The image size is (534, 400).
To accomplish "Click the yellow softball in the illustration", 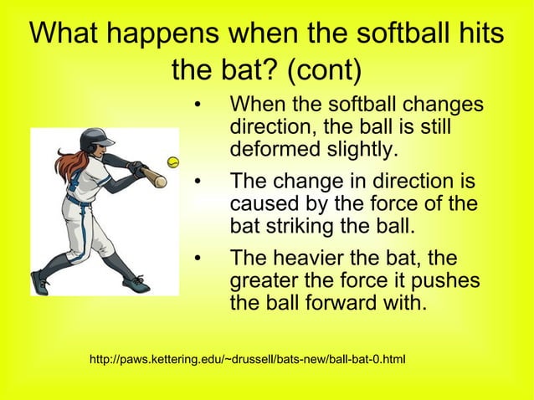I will click(x=173, y=162).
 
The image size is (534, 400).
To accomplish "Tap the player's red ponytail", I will click(x=66, y=163).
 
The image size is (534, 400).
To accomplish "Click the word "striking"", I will click(x=300, y=226).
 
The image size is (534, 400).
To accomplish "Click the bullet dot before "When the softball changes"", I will click(x=198, y=107).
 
